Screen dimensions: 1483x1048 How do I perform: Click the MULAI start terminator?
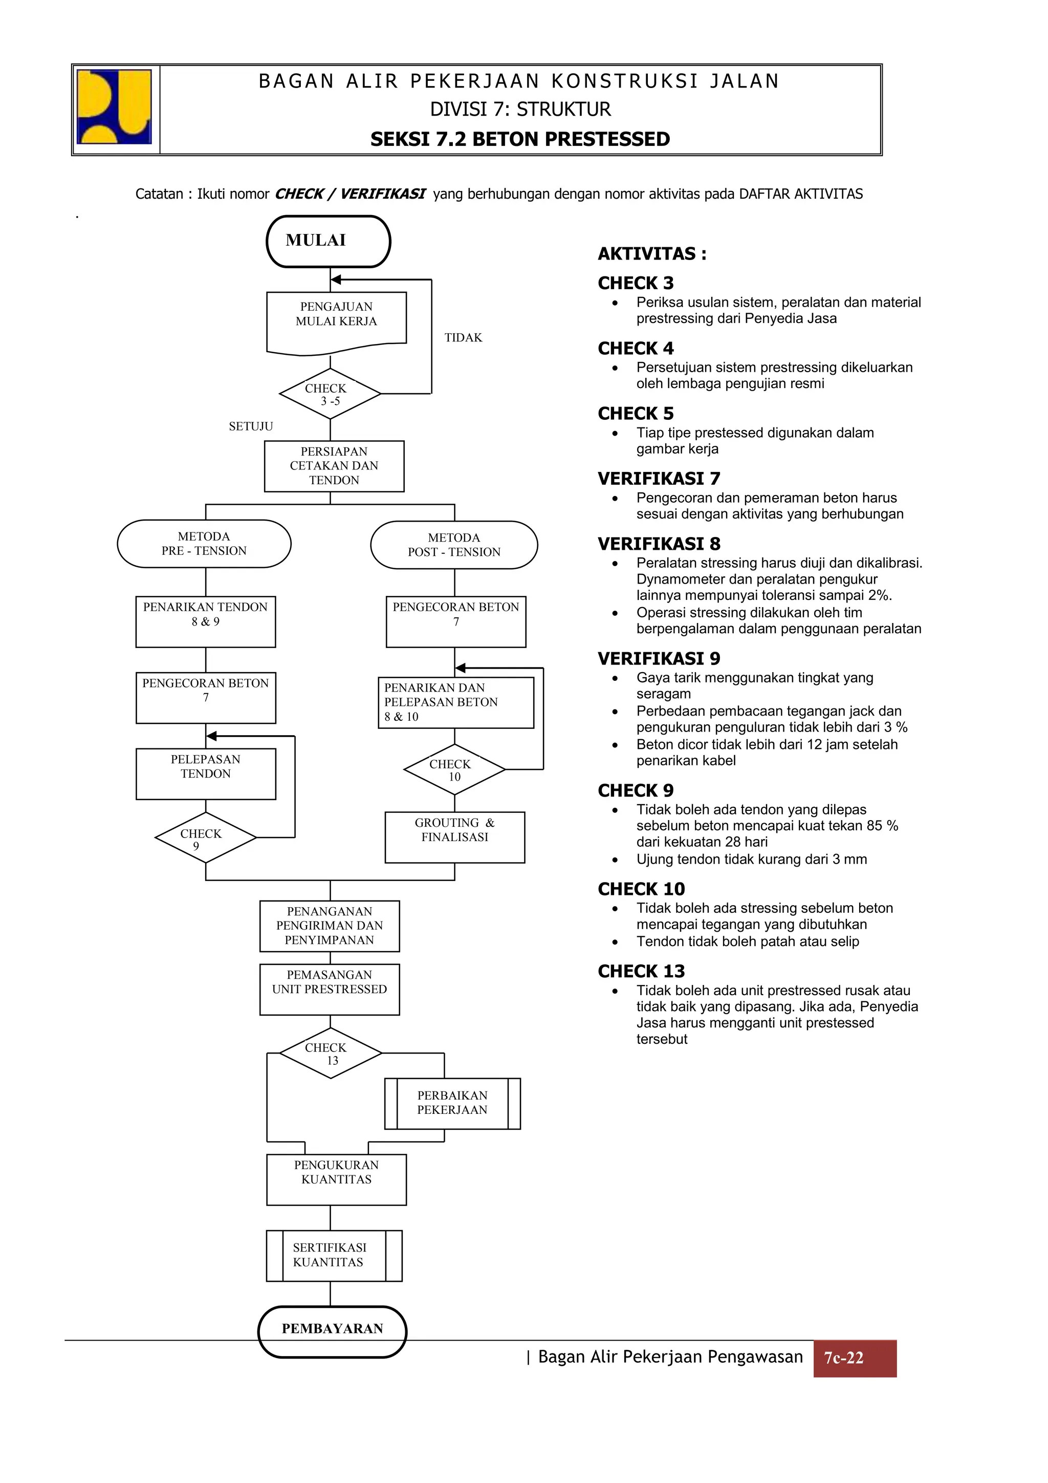tap(328, 241)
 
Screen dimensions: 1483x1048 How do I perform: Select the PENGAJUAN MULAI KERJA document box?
tap(336, 320)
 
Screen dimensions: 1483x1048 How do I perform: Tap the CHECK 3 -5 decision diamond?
tap(330, 394)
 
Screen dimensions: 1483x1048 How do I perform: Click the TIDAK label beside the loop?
tap(463, 338)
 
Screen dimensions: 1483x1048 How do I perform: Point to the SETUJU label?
tap(251, 426)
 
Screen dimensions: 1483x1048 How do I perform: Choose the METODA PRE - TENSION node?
tap(204, 544)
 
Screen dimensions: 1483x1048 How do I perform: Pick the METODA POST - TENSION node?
tap(454, 545)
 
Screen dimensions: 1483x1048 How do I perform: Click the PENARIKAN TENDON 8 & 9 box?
tap(205, 621)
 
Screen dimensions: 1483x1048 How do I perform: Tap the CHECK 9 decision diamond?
tap(205, 838)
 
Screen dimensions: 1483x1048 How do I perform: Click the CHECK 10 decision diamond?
tap(454, 769)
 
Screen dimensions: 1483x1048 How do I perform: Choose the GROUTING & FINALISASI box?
tap(454, 837)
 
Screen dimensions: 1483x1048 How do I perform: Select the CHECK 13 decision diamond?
tap(330, 1054)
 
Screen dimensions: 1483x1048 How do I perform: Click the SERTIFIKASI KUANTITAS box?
tap(334, 1256)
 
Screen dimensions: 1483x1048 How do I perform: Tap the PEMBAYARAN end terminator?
tap(332, 1328)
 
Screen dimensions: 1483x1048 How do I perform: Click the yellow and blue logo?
tap(114, 107)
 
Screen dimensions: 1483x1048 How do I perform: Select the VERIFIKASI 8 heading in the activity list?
tap(659, 544)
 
